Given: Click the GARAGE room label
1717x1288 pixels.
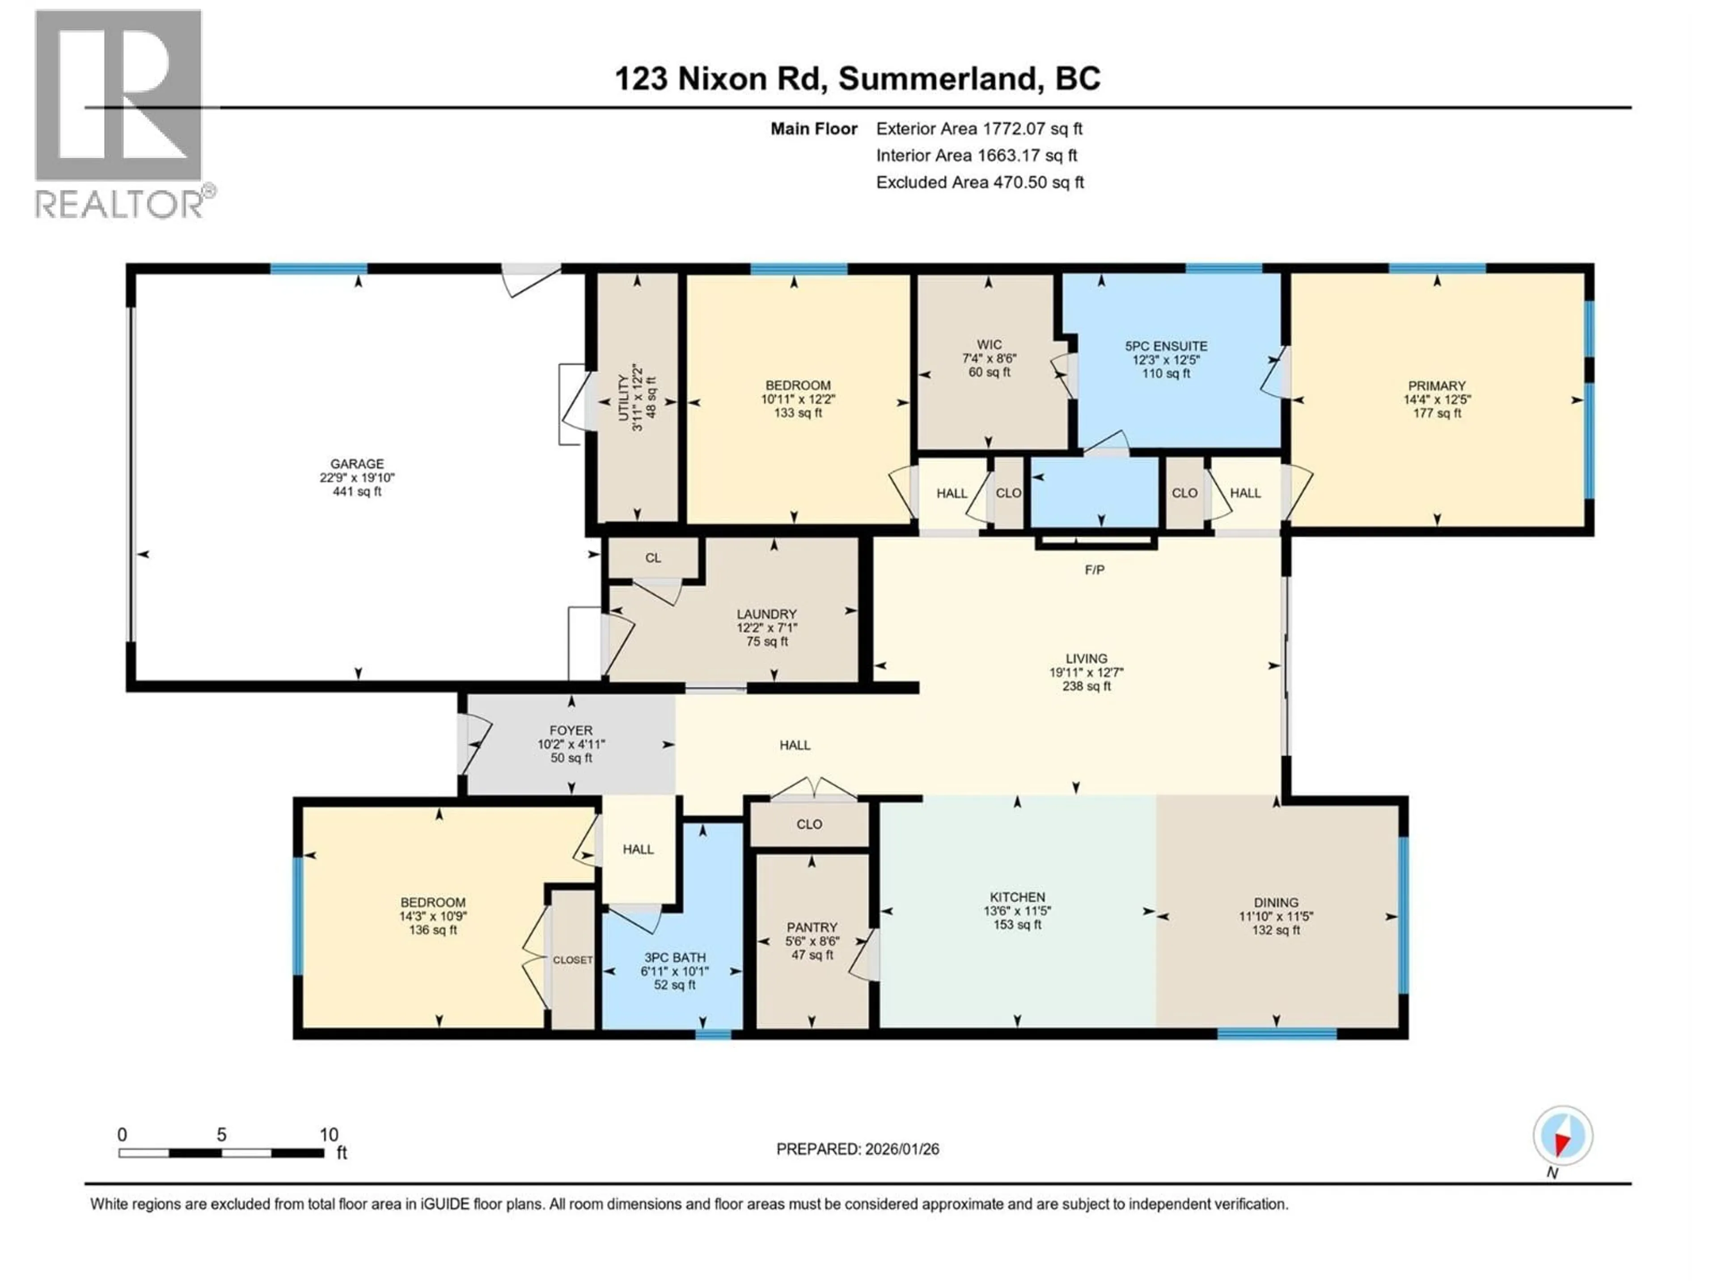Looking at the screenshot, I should tap(357, 463).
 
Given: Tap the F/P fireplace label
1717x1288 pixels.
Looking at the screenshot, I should tap(1095, 570).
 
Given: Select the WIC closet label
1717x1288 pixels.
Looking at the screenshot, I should tap(989, 345).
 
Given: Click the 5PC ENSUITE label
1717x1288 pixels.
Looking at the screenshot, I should tap(1166, 346).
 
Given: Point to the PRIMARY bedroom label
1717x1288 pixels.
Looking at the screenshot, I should tap(1437, 386).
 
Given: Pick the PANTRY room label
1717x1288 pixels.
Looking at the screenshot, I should tap(812, 927).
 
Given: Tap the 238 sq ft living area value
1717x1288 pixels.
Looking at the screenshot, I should tap(1087, 686).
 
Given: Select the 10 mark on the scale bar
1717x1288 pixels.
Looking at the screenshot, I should tap(329, 1134).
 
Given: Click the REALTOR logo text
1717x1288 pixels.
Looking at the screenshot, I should tap(120, 204).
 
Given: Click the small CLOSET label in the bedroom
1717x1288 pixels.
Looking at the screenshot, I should tap(573, 960).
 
